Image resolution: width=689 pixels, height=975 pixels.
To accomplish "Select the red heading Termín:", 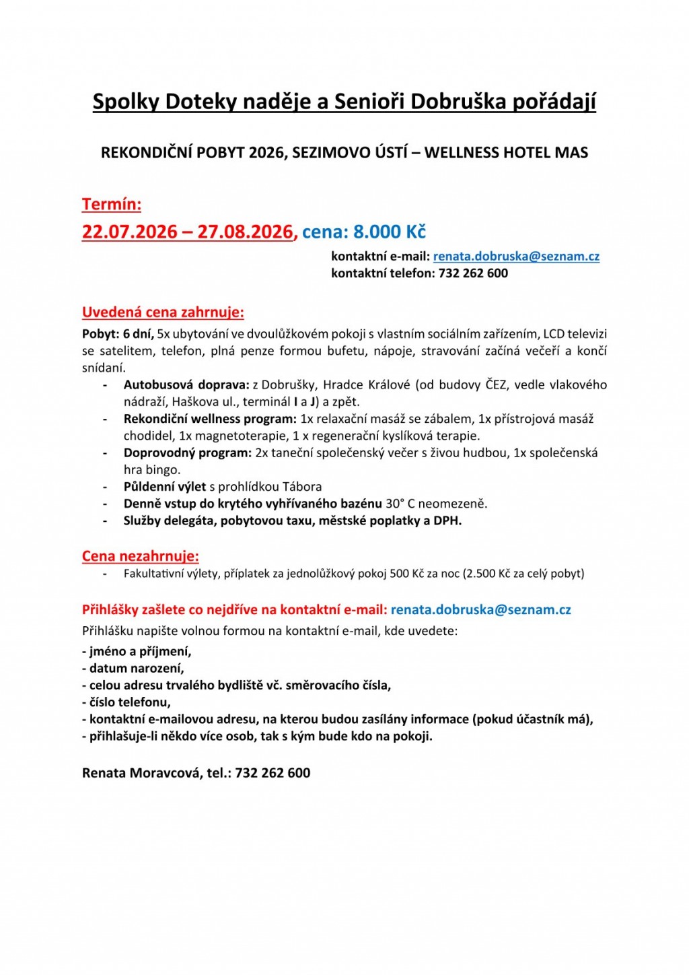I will tap(112, 204).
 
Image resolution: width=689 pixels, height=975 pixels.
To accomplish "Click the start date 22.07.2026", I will tap(129, 232).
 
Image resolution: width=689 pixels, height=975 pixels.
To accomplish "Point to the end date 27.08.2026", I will tap(245, 232).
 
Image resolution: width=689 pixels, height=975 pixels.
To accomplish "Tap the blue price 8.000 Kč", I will tap(390, 232).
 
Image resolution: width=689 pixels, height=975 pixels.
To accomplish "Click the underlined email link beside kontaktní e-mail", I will tap(516, 257).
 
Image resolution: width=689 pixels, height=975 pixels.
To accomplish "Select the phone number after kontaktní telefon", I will tap(473, 273).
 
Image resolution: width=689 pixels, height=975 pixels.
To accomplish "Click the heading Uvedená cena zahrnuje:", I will tap(163, 312).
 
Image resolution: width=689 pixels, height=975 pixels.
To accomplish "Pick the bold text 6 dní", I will tap(138, 333).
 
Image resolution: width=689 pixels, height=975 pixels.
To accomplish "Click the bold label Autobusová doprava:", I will tap(186, 384).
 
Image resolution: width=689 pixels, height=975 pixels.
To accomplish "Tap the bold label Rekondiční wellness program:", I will tap(210, 419).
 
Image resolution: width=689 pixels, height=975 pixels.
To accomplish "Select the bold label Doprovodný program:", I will tap(188, 452).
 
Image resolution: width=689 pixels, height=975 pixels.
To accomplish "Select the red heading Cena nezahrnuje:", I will tap(141, 556).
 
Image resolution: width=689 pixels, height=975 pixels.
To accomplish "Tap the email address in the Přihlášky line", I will tap(480, 610).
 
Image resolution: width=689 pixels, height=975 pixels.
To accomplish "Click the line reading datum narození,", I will tap(133, 668).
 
